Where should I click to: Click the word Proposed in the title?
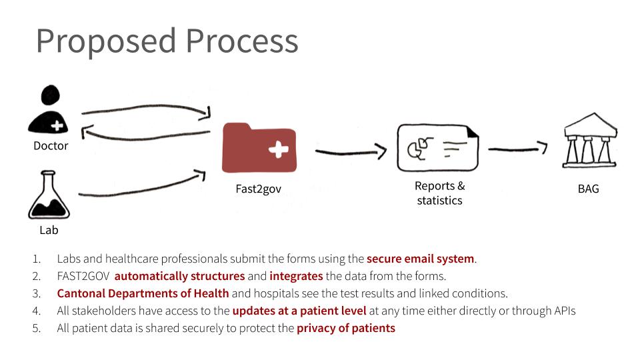coord(107,41)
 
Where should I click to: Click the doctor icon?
coord(49,109)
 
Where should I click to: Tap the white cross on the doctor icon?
coord(57,125)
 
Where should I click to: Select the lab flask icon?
coord(49,195)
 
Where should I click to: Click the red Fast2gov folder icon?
coord(259,148)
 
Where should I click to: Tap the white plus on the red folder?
coord(279,149)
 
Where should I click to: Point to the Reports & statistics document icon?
coord(437,148)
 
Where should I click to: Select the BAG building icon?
coord(589,141)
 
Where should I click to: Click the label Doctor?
coord(51,146)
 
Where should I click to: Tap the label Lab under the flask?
coord(49,230)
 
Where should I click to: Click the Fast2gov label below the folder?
coord(259,189)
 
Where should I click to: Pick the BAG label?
coord(588,189)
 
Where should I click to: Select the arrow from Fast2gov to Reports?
coord(351,152)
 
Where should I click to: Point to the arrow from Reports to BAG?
coord(517,149)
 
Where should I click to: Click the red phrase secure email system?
coord(421,259)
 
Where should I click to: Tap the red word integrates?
coord(296,276)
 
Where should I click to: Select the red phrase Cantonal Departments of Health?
coord(143,293)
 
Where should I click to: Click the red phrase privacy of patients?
coord(346,328)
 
